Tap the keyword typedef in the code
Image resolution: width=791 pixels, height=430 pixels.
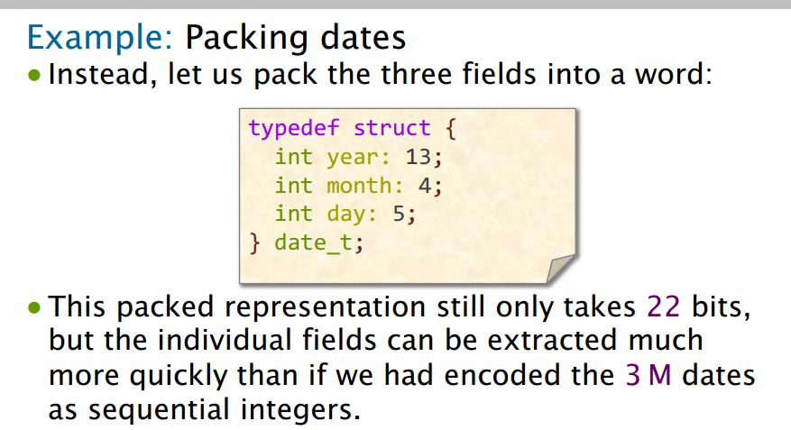click(x=294, y=129)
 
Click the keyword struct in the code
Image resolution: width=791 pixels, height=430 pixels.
click(x=392, y=128)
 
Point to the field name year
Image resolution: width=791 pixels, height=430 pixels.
click(x=352, y=158)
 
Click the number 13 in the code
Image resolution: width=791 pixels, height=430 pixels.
click(x=418, y=157)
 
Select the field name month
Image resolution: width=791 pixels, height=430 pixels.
click(x=359, y=186)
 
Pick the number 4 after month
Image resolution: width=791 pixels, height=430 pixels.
click(x=425, y=186)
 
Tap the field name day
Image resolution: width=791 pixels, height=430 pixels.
click(x=345, y=215)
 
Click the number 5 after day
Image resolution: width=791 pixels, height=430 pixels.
click(x=399, y=214)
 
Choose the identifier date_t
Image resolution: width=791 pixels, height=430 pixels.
click(x=313, y=243)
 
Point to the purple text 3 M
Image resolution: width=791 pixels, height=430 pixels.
click(x=648, y=375)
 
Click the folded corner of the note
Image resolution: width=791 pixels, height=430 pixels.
click(x=560, y=268)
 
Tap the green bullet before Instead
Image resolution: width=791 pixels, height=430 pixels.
click(x=34, y=76)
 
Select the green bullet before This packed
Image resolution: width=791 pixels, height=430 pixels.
click(x=34, y=307)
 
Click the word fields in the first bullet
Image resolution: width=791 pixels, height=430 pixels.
click(x=499, y=74)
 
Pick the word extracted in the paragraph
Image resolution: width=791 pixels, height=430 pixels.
click(x=552, y=340)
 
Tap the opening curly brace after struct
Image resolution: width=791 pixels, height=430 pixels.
click(x=451, y=129)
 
